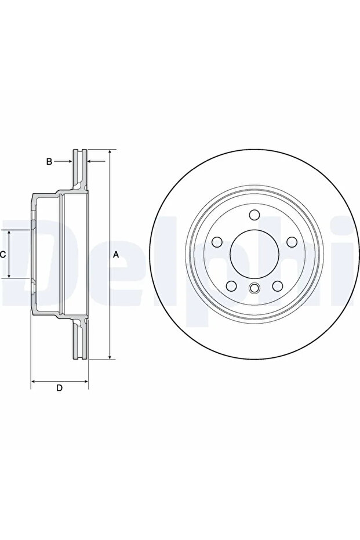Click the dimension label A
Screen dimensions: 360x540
[117, 255]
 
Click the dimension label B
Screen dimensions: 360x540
[49, 161]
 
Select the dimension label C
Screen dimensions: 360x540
[2, 255]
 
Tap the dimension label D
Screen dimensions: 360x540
[60, 388]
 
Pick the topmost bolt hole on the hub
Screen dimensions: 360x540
[254, 215]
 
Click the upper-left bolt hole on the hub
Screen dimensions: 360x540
[217, 242]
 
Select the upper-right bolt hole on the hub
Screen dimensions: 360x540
[292, 242]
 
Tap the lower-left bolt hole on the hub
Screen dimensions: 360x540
[231, 286]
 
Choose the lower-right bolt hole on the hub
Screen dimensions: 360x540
[278, 286]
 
